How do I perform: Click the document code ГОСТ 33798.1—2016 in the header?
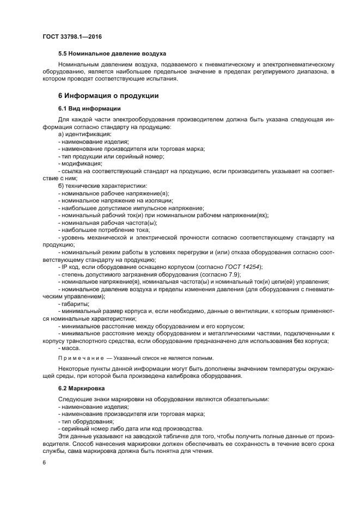(72, 37)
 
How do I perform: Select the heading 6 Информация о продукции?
(108, 96)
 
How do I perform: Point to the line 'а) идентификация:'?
(84, 134)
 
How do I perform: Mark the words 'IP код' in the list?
(72, 267)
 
